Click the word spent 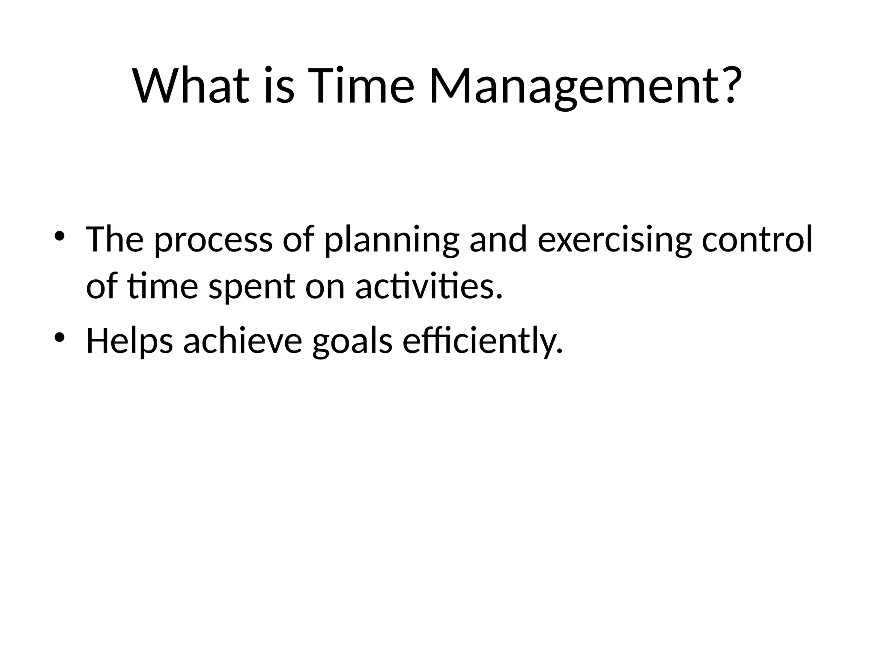pos(251,288)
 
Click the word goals pos(352,341)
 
